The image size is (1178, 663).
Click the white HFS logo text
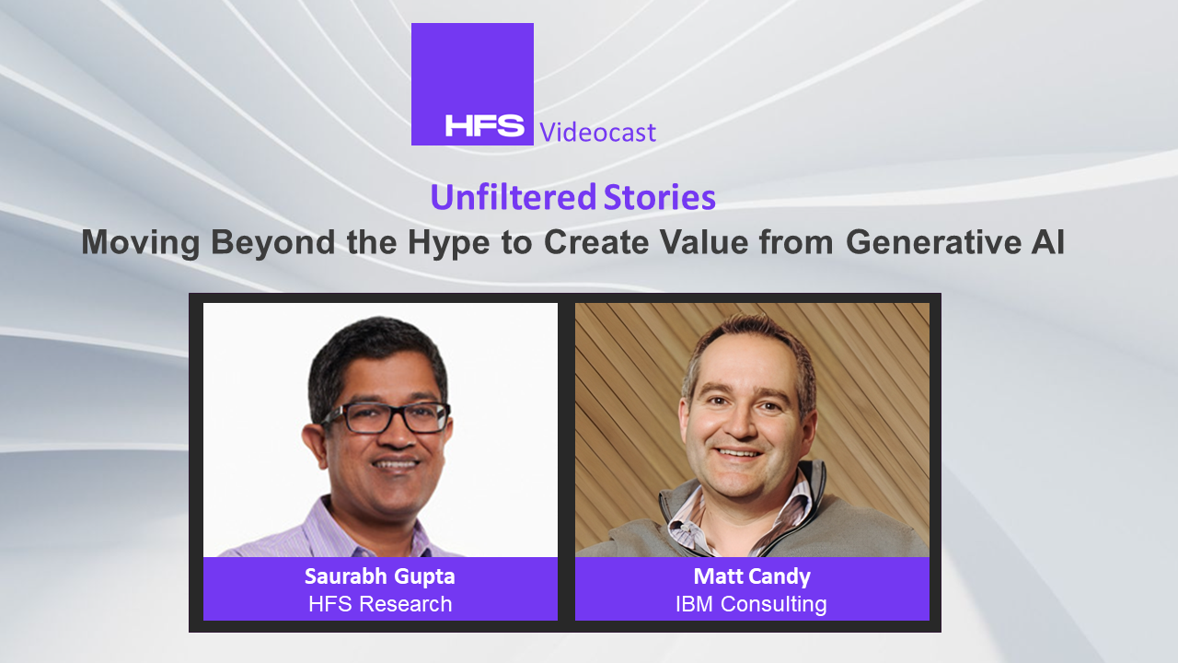click(x=484, y=125)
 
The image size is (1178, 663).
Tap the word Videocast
click(x=598, y=132)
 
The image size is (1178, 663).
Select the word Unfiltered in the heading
click(x=513, y=197)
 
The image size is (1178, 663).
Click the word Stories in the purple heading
click(x=660, y=197)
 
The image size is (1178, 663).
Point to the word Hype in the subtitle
click(x=448, y=243)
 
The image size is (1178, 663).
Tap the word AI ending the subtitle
click(x=1047, y=242)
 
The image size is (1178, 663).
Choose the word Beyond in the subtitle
click(x=272, y=243)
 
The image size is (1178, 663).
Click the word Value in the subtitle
click(x=704, y=242)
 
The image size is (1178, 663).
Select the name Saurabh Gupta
click(x=380, y=576)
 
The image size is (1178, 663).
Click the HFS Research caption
click(x=380, y=604)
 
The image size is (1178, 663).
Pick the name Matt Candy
click(x=752, y=576)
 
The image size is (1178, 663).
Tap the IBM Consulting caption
click(x=751, y=604)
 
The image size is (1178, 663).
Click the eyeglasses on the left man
click(x=387, y=417)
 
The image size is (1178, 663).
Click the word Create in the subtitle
click(x=596, y=242)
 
